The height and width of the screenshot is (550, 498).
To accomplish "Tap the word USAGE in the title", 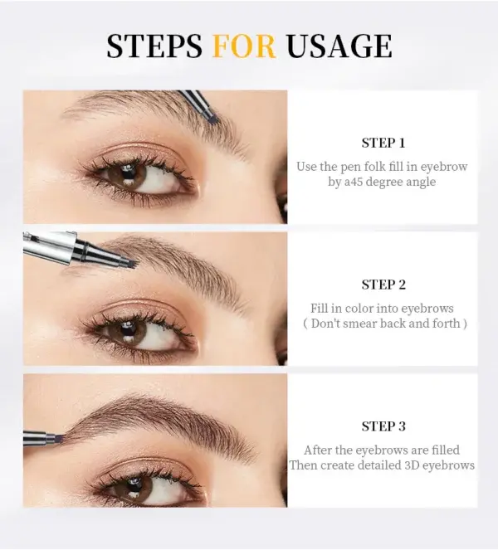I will pos(339,46).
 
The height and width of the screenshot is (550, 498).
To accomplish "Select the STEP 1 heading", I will pos(383,143).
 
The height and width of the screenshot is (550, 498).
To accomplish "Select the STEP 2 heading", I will pos(383,285).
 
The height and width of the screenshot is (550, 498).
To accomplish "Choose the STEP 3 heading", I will pos(383,426).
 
